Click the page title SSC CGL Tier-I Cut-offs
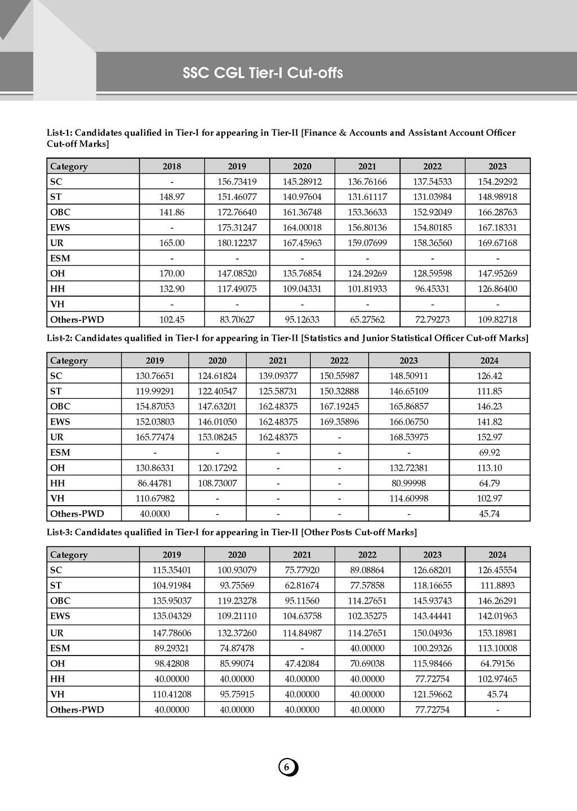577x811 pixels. [x=263, y=73]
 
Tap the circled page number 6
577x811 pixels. [x=287, y=767]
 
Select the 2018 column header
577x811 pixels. [x=172, y=166]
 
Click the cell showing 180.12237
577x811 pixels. [x=237, y=243]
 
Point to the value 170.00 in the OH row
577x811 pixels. [x=172, y=274]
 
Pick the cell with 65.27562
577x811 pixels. [x=367, y=319]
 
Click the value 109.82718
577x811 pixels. [x=498, y=319]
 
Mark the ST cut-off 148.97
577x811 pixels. [x=172, y=197]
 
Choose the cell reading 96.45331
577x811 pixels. [x=433, y=289]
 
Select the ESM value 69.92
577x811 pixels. [x=489, y=452]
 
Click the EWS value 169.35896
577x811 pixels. [x=339, y=422]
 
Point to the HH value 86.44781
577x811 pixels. [x=155, y=483]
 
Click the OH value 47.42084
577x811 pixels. [x=302, y=663]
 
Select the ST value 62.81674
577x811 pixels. [x=302, y=586]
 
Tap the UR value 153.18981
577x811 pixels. [x=498, y=633]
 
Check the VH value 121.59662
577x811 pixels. [x=433, y=694]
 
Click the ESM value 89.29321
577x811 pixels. [x=172, y=648]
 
